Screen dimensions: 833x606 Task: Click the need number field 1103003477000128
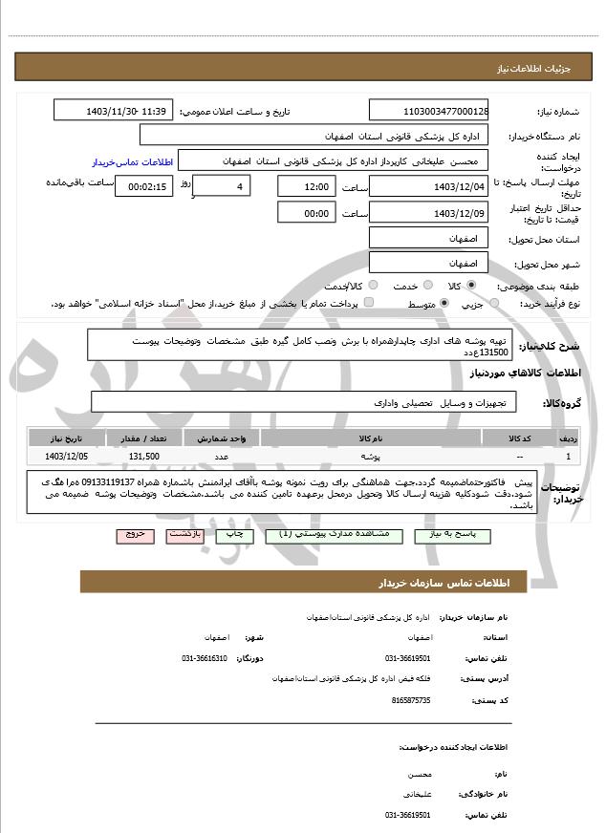pyautogui.click(x=429, y=111)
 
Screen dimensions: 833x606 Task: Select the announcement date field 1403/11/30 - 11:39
pyautogui.click(x=114, y=111)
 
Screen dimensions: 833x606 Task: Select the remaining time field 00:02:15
pyautogui.click(x=144, y=186)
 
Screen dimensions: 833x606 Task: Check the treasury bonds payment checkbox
pyautogui.click(x=369, y=304)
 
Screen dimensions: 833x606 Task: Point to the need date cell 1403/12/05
pyautogui.click(x=65, y=457)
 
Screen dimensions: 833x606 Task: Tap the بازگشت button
pyautogui.click(x=185, y=535)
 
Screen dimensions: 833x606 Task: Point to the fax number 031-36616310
pyautogui.click(x=205, y=658)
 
